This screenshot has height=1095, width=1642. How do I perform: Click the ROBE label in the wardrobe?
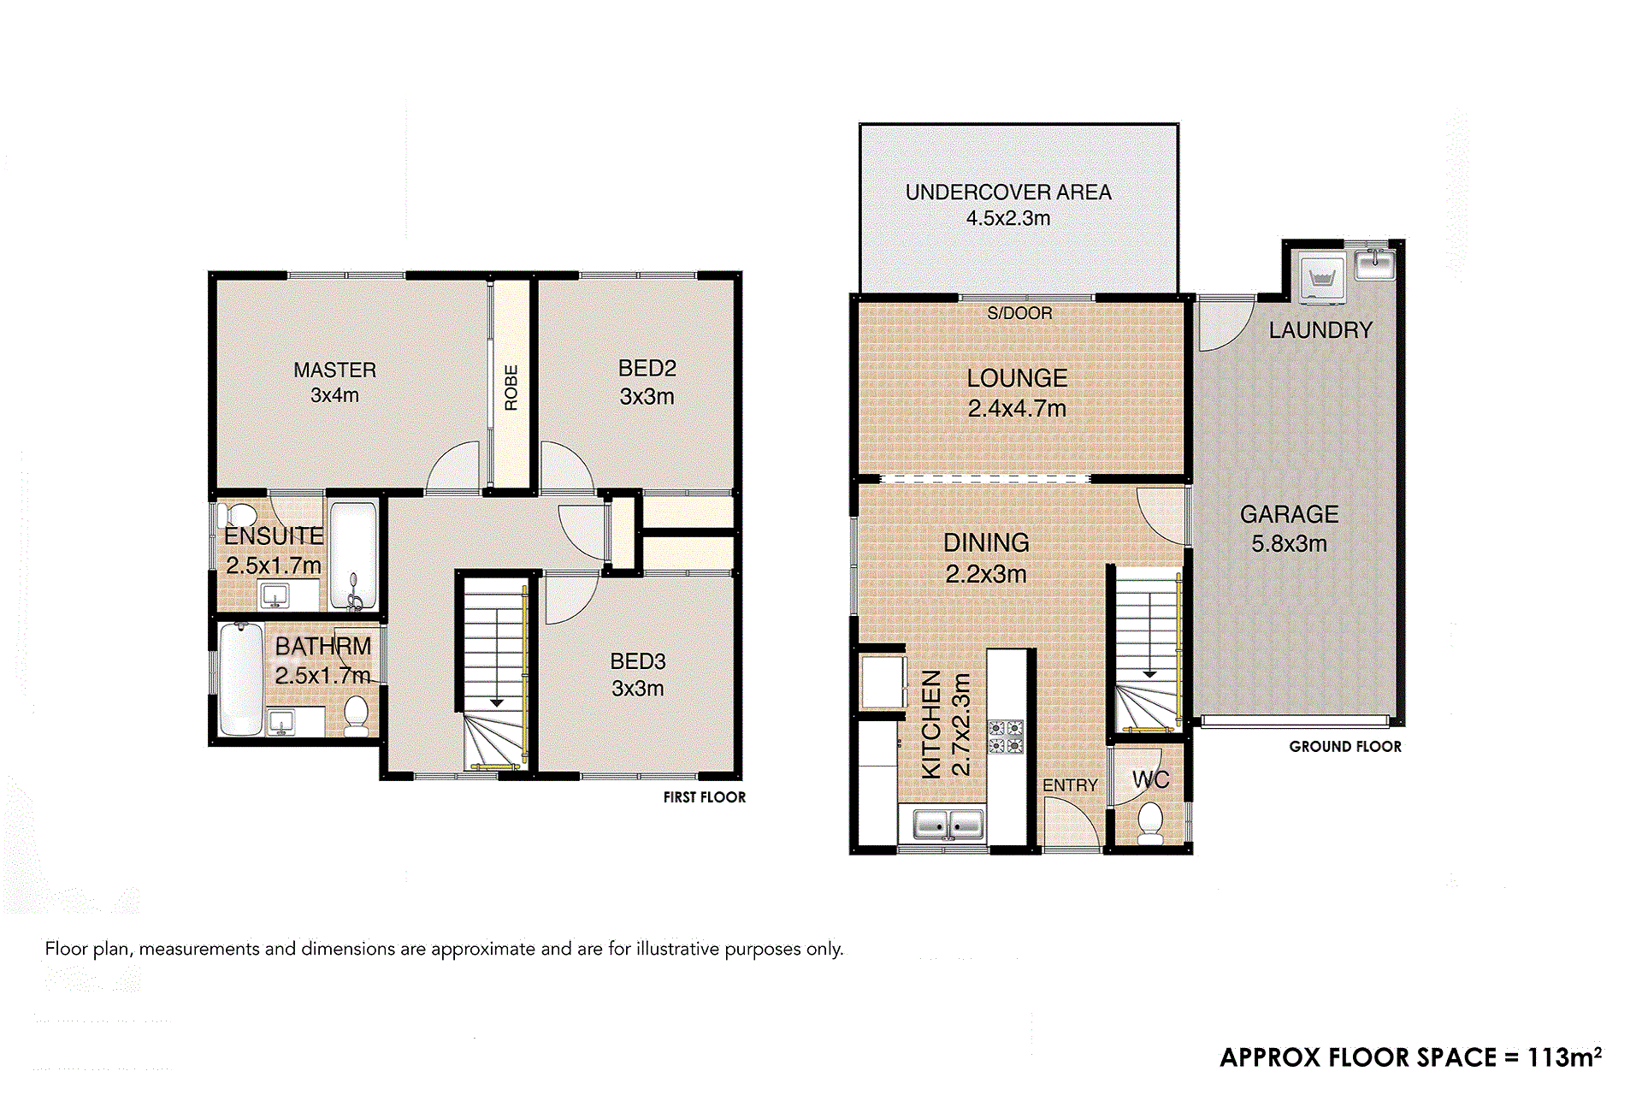tap(511, 388)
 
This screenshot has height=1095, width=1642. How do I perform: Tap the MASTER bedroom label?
tap(334, 370)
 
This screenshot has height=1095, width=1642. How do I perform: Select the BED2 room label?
tap(647, 368)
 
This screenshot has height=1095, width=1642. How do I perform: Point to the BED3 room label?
tap(638, 661)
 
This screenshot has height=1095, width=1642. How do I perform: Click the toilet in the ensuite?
tap(237, 515)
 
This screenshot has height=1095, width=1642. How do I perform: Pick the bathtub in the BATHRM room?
tap(240, 679)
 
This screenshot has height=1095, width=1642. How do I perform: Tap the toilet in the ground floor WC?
tap(1150, 822)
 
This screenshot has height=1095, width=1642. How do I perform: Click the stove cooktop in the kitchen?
tap(1006, 737)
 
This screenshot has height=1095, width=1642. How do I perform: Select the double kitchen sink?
tap(948, 825)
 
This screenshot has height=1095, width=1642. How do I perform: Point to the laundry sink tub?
tap(1375, 263)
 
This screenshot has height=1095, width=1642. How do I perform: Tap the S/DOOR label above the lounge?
tap(1019, 313)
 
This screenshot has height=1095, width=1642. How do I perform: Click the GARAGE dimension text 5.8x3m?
tap(1290, 543)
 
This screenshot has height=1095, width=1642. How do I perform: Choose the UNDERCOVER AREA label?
tap(1008, 192)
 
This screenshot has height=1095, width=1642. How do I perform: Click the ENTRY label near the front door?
tap(1070, 785)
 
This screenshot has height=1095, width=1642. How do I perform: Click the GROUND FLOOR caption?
tap(1345, 747)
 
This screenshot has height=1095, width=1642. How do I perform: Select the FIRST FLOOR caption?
tap(705, 797)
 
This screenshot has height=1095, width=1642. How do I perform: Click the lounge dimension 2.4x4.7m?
tap(1017, 409)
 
